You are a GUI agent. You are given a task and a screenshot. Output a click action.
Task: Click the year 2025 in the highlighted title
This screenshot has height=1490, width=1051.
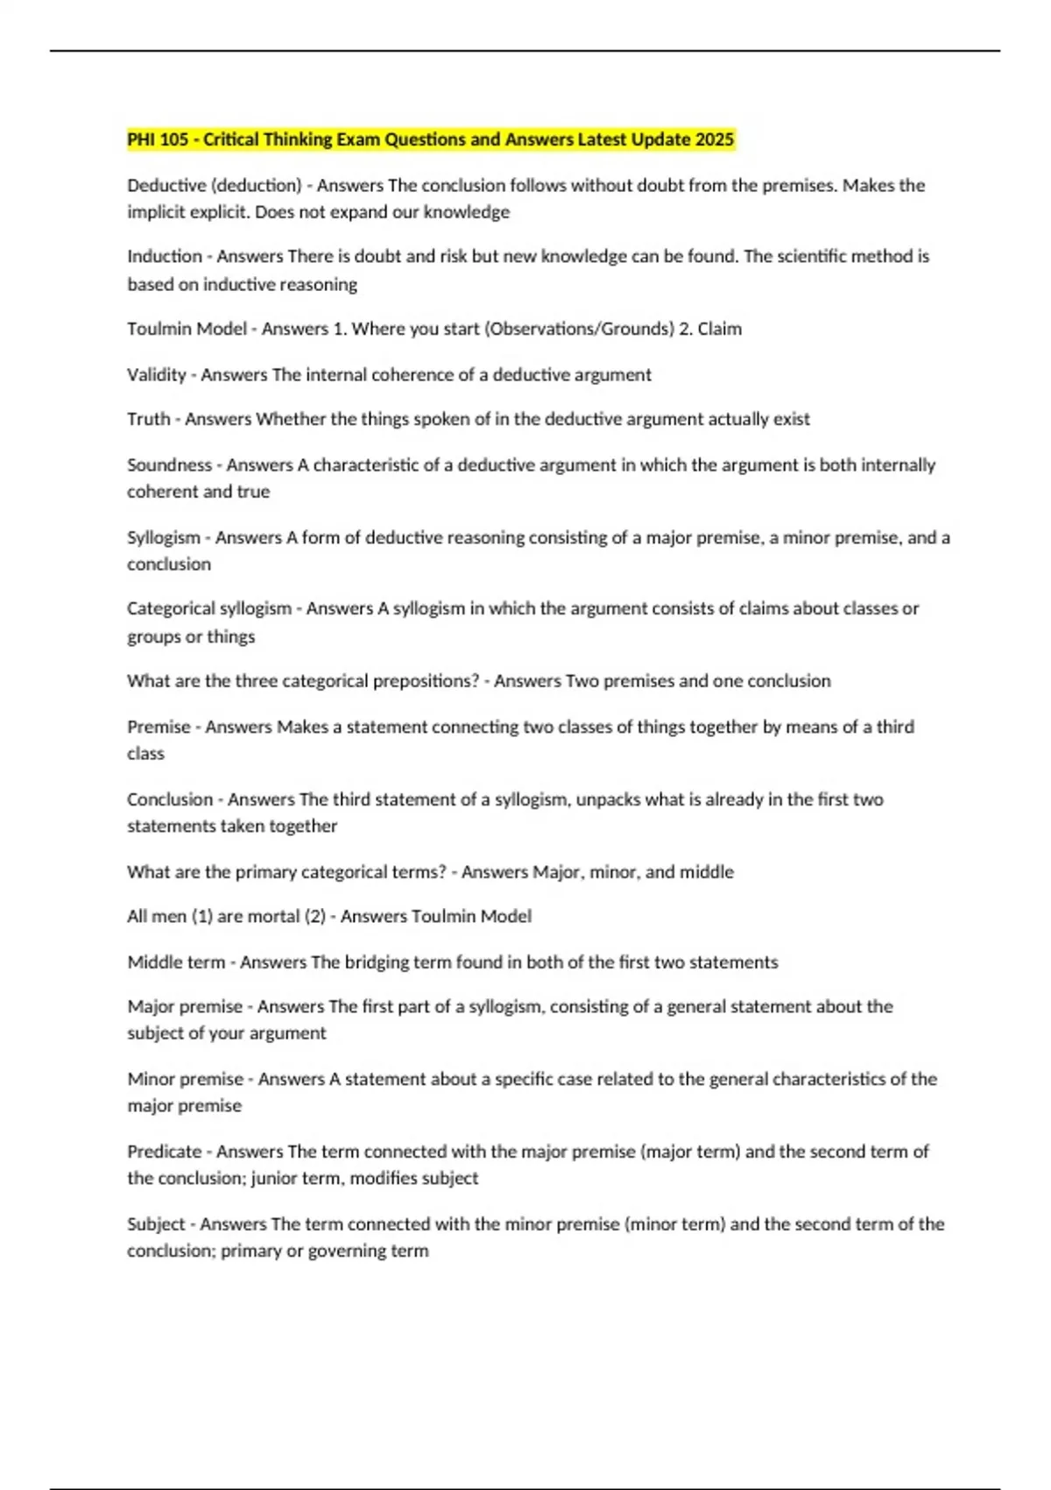tap(714, 139)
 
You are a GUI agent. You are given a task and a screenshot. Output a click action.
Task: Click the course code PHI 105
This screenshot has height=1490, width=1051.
tap(158, 139)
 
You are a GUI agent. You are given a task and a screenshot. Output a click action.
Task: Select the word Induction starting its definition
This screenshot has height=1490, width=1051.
tap(165, 256)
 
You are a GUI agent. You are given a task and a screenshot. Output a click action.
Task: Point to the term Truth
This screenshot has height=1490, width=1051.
tap(149, 419)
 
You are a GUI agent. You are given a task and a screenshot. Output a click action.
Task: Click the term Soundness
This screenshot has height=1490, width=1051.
tap(169, 465)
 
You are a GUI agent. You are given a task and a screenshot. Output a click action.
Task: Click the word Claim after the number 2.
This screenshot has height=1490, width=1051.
tap(719, 329)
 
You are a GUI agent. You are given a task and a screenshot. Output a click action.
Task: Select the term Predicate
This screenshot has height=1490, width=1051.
tap(164, 1151)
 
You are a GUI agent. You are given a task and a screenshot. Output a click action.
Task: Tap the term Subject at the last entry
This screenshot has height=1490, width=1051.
tap(156, 1224)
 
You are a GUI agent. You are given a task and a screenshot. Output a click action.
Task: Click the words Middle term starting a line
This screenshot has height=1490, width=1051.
tap(176, 961)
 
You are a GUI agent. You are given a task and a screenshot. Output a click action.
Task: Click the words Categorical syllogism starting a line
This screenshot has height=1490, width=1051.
tap(209, 608)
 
